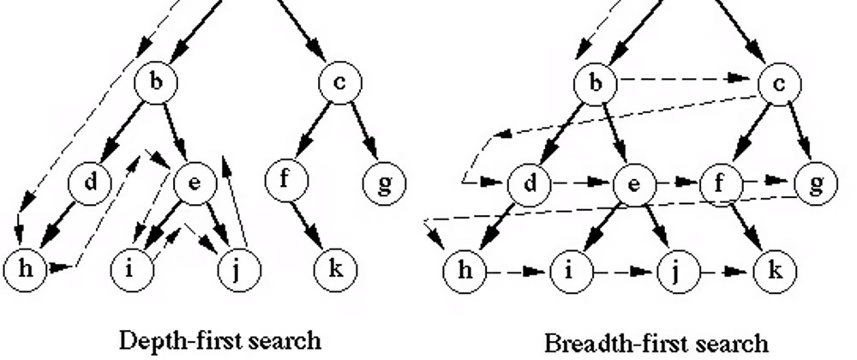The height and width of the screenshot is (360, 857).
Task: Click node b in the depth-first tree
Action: pos(155,82)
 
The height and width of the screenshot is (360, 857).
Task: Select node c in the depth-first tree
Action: pos(340,82)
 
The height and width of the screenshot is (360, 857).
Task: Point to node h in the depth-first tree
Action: pos(23,268)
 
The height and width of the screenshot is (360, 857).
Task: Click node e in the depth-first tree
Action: pos(195,183)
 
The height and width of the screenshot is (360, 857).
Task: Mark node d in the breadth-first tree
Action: pos(528,183)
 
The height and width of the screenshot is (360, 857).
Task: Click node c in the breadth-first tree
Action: pos(779,82)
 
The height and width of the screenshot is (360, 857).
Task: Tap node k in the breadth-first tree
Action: pos(775,273)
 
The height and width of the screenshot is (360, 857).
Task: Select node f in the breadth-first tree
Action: pos(721,183)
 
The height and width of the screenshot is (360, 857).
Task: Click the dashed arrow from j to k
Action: pos(725,273)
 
